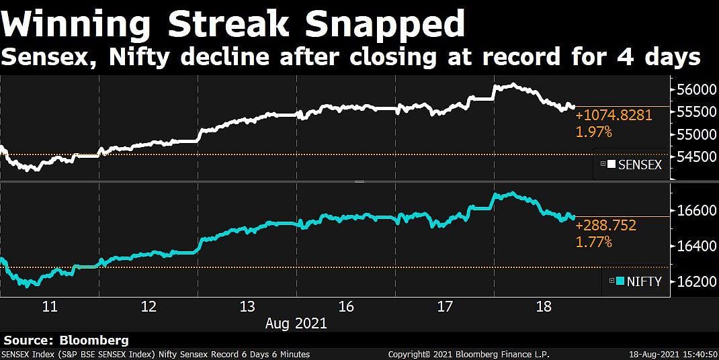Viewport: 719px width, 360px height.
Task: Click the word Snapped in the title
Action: (x=385, y=24)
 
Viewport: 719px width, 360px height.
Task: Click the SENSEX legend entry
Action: (x=634, y=165)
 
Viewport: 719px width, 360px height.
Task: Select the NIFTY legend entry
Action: (x=638, y=282)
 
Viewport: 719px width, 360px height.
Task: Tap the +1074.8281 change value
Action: (x=614, y=116)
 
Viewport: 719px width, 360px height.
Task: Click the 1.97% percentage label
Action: (x=594, y=132)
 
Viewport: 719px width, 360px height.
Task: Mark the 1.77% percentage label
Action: (x=594, y=242)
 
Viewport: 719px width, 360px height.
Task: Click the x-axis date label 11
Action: (x=50, y=307)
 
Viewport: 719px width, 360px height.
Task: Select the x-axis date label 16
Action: (x=346, y=307)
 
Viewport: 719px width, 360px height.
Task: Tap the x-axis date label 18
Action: (x=544, y=307)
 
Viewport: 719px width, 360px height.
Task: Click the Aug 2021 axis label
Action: (x=296, y=323)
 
